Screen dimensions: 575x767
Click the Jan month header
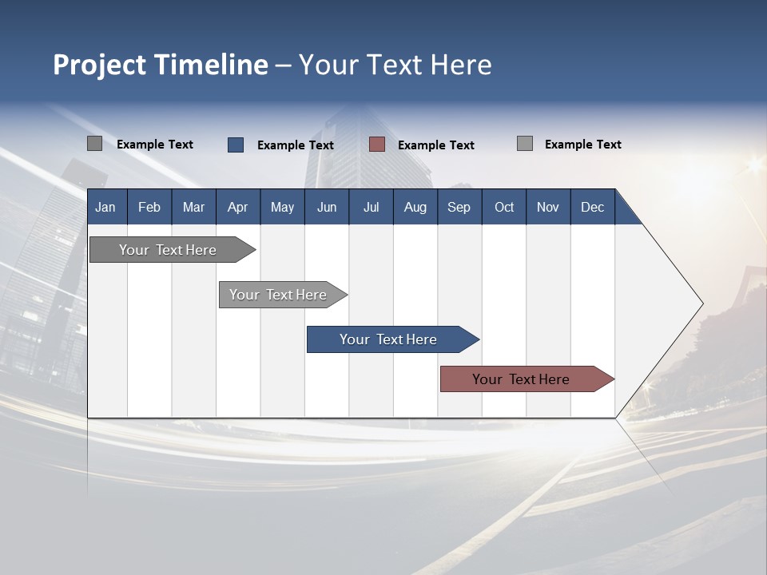coord(105,208)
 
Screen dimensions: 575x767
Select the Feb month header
coord(149,208)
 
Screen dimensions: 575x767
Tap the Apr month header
coord(237,208)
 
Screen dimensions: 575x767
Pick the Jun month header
coord(327,208)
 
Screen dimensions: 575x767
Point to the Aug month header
coord(415,208)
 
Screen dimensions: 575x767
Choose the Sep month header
coord(459,208)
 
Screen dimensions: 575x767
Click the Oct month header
coord(504,208)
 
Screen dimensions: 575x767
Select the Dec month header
coord(592,208)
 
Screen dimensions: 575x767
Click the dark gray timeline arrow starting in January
coord(168,250)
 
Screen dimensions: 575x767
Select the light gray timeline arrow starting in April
coord(278,295)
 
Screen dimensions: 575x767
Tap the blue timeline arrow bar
coord(388,339)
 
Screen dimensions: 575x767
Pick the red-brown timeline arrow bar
coord(521,379)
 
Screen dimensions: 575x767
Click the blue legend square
coord(236,145)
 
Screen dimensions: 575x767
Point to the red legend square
coord(377,145)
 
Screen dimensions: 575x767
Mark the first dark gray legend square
coord(94,144)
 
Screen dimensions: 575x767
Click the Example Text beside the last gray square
coord(582,145)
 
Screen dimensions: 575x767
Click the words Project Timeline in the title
coord(160,65)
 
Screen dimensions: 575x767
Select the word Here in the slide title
coord(461,65)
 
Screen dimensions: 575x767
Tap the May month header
coord(282,208)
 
